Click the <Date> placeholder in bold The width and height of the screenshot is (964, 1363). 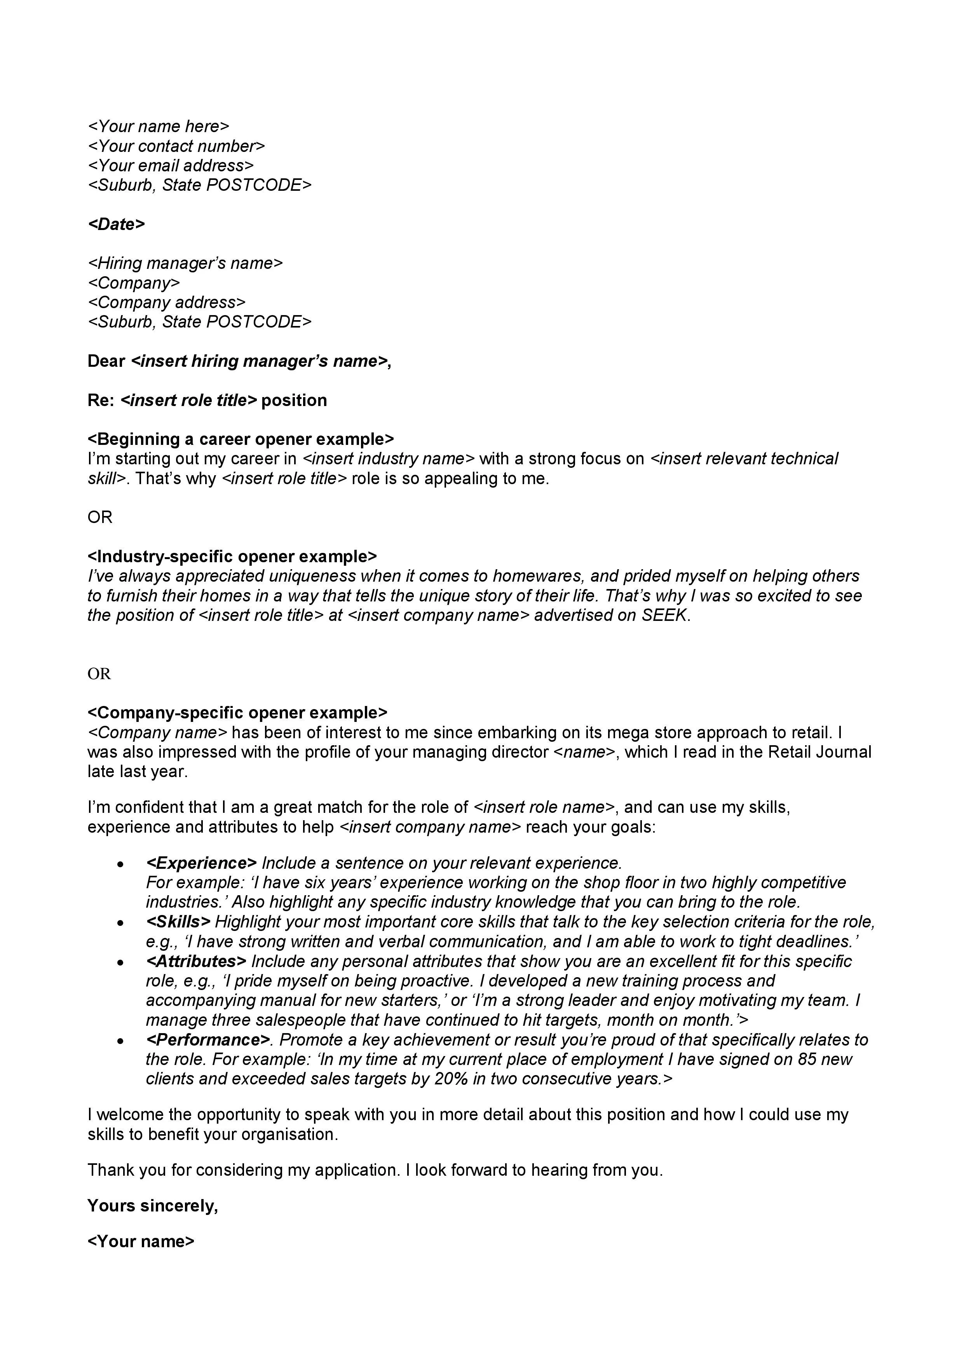(116, 225)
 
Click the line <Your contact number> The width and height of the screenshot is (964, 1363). (176, 146)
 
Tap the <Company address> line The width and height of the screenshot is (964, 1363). (166, 303)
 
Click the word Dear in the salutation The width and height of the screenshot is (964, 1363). (106, 361)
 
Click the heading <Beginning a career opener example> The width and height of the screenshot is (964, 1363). (241, 439)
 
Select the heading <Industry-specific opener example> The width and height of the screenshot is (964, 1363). (232, 557)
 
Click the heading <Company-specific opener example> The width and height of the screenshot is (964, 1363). (237, 713)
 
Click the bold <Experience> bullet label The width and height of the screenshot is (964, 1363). (201, 863)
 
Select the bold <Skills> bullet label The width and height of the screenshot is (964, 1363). (178, 922)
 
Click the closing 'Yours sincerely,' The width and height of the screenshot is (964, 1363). (153, 1206)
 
